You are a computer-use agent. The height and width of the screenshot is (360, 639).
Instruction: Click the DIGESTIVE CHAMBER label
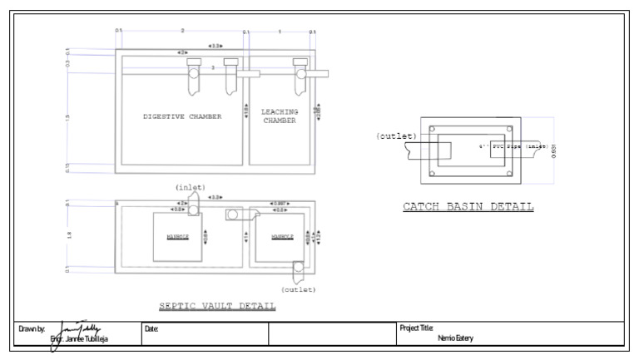(x=182, y=117)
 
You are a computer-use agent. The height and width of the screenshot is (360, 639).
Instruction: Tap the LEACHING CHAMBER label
(x=280, y=116)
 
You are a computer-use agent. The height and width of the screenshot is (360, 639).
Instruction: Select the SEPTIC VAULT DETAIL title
(x=217, y=306)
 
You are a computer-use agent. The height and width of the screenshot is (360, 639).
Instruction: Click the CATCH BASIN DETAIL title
(x=468, y=206)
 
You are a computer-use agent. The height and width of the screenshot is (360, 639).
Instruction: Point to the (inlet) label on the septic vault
(x=190, y=187)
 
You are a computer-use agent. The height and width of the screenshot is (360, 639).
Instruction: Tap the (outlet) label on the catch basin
(x=396, y=136)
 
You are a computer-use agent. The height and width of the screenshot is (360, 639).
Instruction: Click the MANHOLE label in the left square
(x=176, y=237)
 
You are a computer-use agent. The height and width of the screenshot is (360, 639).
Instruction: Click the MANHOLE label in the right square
(x=283, y=237)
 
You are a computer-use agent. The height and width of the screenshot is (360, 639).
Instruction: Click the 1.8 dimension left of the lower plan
(x=67, y=235)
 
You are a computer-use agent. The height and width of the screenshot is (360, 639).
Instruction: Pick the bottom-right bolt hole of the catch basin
(x=508, y=173)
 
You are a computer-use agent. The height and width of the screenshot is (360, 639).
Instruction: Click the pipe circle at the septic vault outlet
(x=297, y=267)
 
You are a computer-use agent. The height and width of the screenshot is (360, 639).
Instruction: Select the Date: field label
(x=151, y=329)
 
